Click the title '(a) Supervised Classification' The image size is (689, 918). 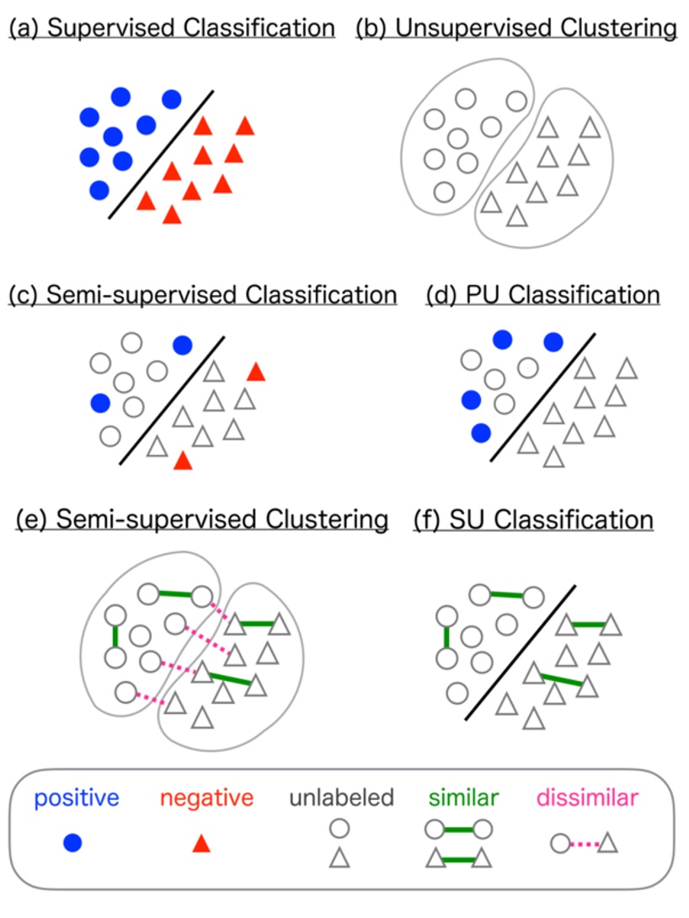tap(172, 28)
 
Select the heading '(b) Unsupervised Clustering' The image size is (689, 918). tap(515, 28)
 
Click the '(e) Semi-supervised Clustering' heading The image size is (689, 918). tap(202, 519)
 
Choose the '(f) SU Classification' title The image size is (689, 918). tap(533, 519)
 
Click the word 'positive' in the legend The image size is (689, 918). tap(72, 797)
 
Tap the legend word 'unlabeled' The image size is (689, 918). tap(341, 797)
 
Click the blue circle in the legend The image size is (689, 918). tap(73, 842)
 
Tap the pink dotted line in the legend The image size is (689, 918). tap(580, 842)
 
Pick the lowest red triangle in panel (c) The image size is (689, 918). tap(183, 460)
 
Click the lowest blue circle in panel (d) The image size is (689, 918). tap(481, 433)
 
